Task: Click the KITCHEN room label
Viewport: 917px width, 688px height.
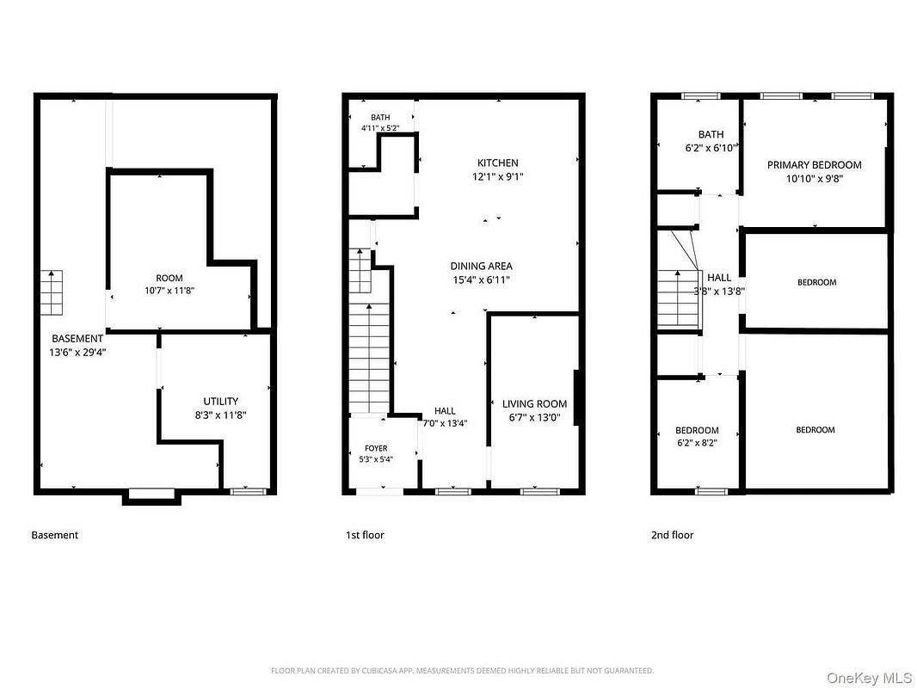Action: [x=498, y=163]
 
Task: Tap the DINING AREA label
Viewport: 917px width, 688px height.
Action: [x=482, y=266]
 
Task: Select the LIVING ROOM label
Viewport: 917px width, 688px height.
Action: [x=534, y=404]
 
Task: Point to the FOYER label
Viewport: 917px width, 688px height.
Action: [x=376, y=448]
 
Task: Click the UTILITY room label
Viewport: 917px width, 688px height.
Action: [x=220, y=402]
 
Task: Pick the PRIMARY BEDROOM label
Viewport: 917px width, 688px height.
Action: [x=814, y=165]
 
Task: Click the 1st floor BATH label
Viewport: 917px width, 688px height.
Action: [x=380, y=118]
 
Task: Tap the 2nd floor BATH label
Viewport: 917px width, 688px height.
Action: [x=711, y=134]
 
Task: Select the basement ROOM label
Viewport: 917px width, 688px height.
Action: [x=169, y=279]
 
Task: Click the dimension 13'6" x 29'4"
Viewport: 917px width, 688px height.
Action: [x=77, y=353]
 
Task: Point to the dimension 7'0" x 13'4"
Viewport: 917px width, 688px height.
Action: [x=445, y=424]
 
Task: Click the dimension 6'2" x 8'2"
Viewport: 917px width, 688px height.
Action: [x=697, y=443]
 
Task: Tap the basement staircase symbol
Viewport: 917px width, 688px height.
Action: [x=52, y=293]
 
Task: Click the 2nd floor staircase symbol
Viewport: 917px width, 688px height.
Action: [x=679, y=298]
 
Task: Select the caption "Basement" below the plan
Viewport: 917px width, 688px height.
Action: [x=54, y=535]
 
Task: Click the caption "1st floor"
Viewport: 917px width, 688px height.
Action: [x=365, y=535]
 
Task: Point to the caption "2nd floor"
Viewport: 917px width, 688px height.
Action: [x=672, y=535]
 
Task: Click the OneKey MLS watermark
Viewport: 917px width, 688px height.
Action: [x=869, y=678]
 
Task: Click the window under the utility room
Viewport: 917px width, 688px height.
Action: [x=249, y=492]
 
